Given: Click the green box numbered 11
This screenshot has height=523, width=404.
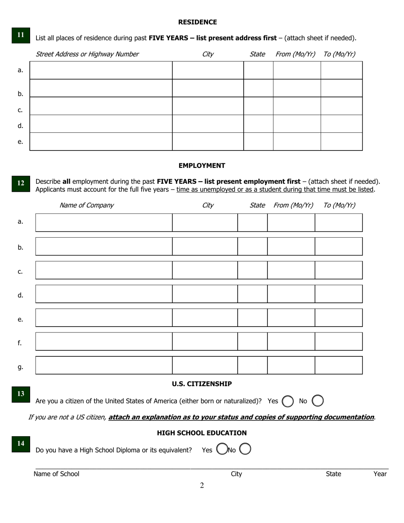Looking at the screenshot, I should (x=20, y=35).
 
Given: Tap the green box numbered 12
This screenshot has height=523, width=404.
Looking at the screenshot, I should (x=20, y=183).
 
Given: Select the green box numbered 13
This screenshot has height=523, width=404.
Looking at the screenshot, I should (x=20, y=394).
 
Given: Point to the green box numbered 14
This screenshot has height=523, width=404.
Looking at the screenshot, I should (x=20, y=444).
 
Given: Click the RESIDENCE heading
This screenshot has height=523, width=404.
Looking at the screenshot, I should (x=197, y=22).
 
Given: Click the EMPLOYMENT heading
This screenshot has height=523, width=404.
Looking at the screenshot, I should (x=202, y=165).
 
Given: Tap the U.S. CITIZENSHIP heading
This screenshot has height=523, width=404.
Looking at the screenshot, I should (x=202, y=384).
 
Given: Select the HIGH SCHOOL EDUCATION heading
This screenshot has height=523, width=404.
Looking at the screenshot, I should (x=202, y=433).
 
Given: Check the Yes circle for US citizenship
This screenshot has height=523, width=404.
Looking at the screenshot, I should (x=287, y=401).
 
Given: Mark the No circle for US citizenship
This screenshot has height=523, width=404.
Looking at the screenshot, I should (x=318, y=401).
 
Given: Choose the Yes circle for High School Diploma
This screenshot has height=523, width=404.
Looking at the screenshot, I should (x=222, y=449).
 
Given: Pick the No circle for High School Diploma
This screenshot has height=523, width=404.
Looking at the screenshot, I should (x=245, y=449).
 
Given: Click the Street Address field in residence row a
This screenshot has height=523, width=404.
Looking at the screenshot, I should (x=101, y=70).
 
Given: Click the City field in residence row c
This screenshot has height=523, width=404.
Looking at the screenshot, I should (x=208, y=106).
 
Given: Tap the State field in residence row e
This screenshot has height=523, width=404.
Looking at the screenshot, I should (x=258, y=142).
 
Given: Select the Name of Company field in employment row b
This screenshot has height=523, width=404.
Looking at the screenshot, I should (x=104, y=246).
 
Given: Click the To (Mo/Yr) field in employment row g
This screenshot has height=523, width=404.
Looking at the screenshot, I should (x=339, y=365).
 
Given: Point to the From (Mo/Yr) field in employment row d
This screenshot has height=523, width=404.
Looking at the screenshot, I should (x=291, y=294).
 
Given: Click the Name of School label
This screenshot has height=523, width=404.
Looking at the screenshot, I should (x=56, y=474).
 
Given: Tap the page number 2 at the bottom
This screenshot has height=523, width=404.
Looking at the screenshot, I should (x=202, y=486).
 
